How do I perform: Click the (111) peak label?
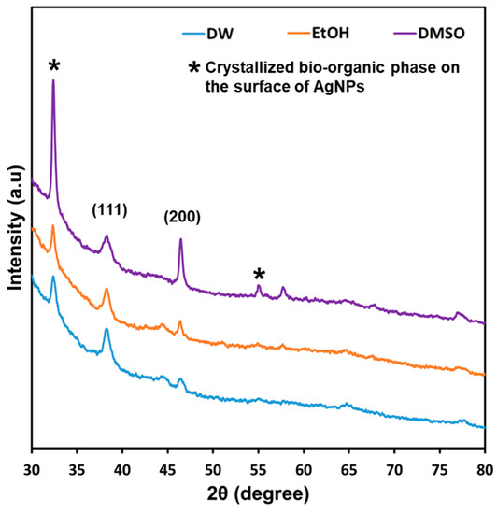109,208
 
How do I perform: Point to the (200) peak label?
181,217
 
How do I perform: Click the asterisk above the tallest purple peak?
54,65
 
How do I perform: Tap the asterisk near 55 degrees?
259,275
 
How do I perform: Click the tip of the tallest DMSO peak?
53,80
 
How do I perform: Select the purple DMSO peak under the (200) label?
180,241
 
